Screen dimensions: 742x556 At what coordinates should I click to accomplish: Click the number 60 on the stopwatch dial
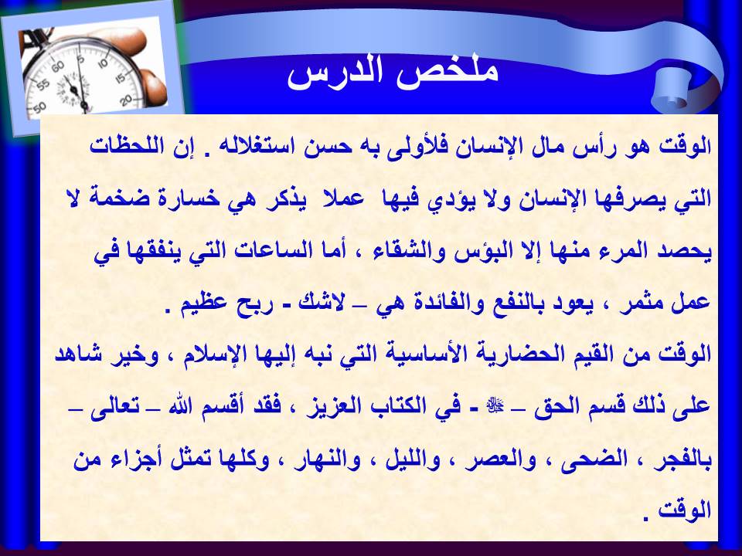pos(58,66)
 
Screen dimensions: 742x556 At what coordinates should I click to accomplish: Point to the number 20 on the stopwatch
pos(126,100)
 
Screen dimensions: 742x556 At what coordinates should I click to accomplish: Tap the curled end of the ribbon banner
pos(671,91)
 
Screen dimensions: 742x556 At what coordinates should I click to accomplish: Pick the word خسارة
pos(187,198)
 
